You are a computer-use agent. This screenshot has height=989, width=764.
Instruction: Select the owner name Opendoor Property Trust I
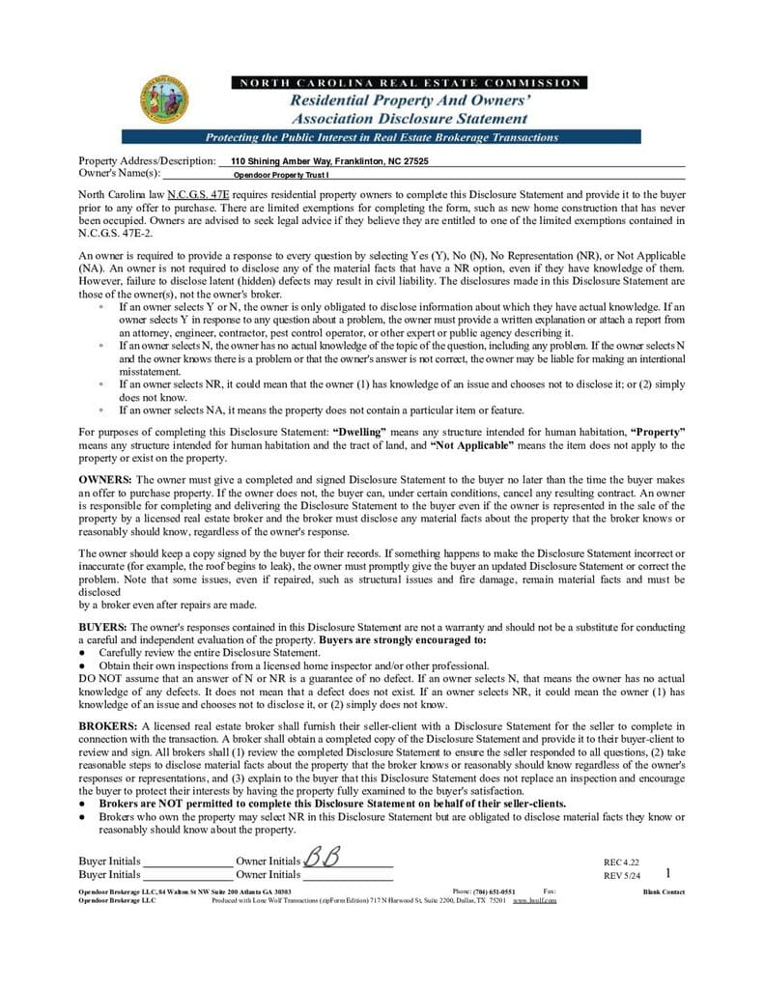pos(281,176)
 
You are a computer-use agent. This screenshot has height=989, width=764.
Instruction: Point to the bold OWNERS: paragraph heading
pos(106,479)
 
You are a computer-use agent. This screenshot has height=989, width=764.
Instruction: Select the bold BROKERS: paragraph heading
pos(108,725)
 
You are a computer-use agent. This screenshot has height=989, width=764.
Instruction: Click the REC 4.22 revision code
pos(621,862)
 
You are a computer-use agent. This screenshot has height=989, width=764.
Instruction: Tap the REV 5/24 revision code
pos(621,876)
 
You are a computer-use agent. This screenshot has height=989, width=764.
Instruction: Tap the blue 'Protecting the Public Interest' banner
pos(382,137)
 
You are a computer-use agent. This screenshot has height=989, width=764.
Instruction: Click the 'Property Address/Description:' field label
pos(147,161)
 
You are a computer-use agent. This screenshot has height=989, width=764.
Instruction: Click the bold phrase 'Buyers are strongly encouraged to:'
pos(403,639)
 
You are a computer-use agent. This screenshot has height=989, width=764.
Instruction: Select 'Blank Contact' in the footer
pos(664,891)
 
